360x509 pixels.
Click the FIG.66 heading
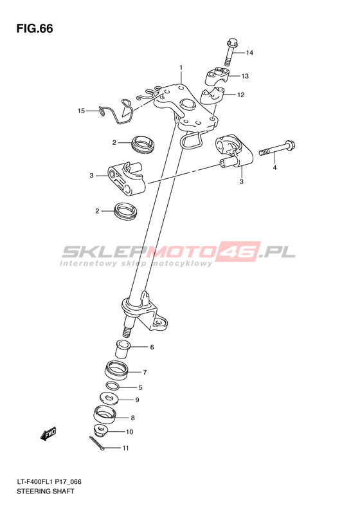35,28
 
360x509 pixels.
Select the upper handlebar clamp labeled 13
217,75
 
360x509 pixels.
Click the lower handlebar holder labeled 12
212,97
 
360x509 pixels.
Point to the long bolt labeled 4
277,149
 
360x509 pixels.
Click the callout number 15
81,111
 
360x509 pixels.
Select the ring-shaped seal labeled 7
116,371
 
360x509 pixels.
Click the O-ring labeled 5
113,386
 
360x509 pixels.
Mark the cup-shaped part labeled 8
104,415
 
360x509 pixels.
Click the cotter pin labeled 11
97,443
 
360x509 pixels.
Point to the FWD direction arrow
48,434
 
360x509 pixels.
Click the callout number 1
181,68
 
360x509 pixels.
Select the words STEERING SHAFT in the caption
46,491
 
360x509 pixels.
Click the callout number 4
274,168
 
